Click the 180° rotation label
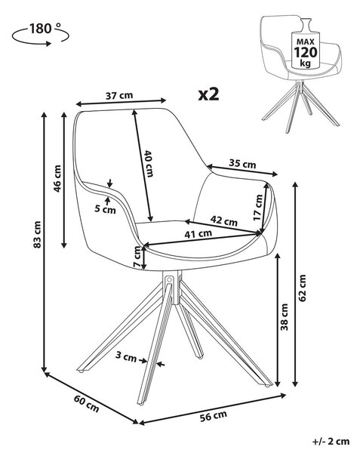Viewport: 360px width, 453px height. pos(45,29)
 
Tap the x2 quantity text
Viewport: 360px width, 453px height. pos(208,94)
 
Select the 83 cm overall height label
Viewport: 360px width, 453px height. pos(37,234)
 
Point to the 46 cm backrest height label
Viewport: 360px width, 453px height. pos(57,178)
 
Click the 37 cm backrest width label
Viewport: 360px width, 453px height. pos(119,95)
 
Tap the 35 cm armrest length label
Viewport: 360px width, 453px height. pos(242,164)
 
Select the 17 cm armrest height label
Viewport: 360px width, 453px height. pos(258,208)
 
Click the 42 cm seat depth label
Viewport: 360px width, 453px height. pos(223,220)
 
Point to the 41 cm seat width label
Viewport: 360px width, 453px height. pos(198,233)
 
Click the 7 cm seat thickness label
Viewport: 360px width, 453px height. pos(138,257)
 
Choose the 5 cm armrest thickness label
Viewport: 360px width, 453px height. pos(105,209)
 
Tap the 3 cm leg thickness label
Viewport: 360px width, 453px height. pos(126,356)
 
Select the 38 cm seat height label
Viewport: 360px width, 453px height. pos(284,317)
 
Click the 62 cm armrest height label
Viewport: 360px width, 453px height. pos(302,288)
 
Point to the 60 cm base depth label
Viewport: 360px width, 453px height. pos(86,403)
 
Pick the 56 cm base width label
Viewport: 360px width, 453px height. pos(214,416)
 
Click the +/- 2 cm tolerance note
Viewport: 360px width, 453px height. pos(331,441)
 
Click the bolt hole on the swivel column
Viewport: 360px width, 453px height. pos(170,279)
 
